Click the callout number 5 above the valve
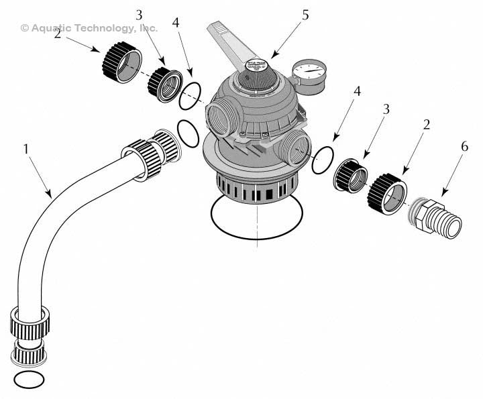[305, 15]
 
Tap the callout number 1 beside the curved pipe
[26, 149]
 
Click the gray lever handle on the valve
[231, 43]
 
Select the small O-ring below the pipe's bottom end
[29, 380]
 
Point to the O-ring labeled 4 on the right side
[323, 161]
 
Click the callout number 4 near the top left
[175, 23]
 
